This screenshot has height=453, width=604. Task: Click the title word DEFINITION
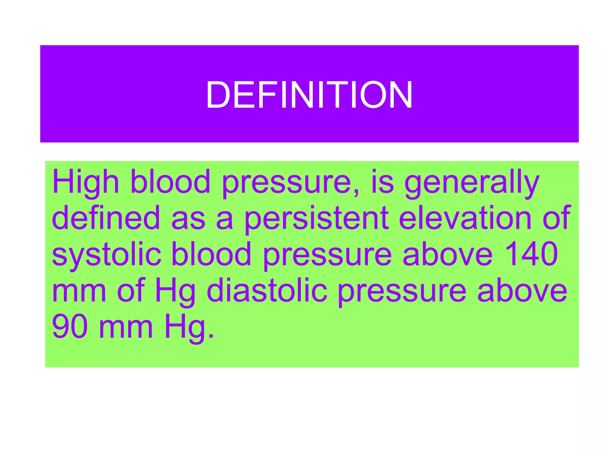tap(309, 95)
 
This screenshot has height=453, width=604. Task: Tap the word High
tap(86, 182)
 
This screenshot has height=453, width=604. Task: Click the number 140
tap(531, 254)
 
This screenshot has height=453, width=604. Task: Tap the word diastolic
tap(267, 290)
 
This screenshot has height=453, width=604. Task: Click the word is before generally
tap(383, 182)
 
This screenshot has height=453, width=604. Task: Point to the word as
tap(188, 218)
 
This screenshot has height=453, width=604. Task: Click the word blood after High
tap(170, 182)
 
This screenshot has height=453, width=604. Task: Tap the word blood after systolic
tap(211, 254)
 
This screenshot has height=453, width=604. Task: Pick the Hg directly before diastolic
tap(175, 290)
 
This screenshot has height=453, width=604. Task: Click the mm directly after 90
tap(126, 327)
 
